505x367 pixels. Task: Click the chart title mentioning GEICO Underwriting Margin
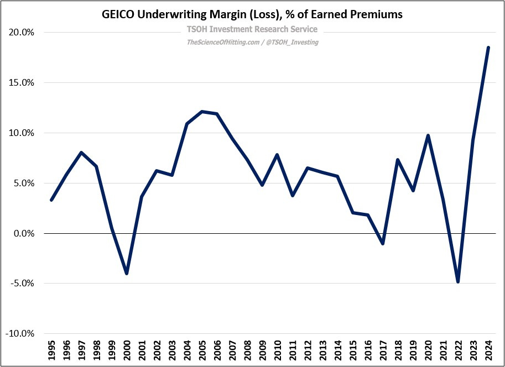pyautogui.click(x=252, y=15)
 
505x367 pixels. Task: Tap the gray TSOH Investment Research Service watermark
pyautogui.click(x=252, y=29)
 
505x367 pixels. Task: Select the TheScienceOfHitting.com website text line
pyautogui.click(x=252, y=42)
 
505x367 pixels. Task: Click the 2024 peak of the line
pyautogui.click(x=488, y=48)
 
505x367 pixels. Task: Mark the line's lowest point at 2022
pyautogui.click(x=457, y=282)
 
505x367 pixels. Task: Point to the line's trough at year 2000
pyautogui.click(x=127, y=274)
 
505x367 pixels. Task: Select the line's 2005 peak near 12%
pyautogui.click(x=202, y=112)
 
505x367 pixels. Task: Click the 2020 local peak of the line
pyautogui.click(x=428, y=135)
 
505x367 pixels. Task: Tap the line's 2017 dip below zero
pyautogui.click(x=383, y=243)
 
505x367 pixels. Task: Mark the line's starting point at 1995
pyautogui.click(x=51, y=200)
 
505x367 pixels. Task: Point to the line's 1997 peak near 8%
pyautogui.click(x=81, y=153)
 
